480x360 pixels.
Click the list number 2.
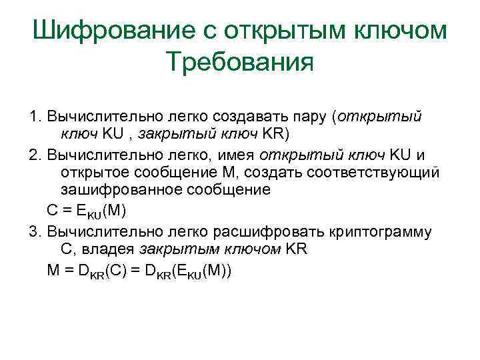tap(35, 155)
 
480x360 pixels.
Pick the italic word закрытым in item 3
tap(175, 249)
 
